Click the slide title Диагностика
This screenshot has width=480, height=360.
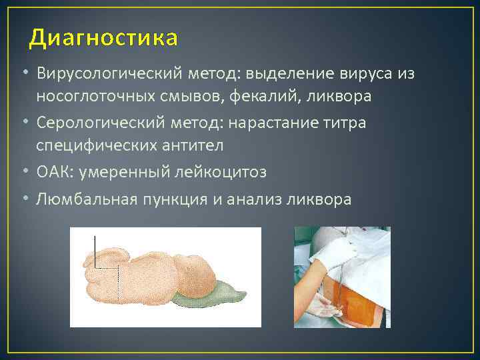(103, 39)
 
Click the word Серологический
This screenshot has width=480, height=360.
(92, 124)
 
